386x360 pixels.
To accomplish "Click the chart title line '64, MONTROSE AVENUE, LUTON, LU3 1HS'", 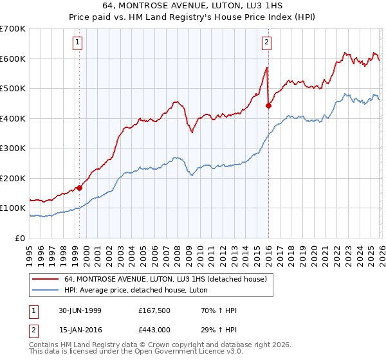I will pyautogui.click(x=193, y=5).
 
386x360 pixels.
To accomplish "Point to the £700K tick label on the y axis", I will pyautogui.click(x=13, y=29).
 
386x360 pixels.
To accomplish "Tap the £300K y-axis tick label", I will pyautogui.click(x=13, y=148).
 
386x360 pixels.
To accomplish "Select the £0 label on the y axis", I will pyautogui.click(x=21, y=238).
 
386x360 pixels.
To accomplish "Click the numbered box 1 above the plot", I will pyautogui.click(x=77, y=43).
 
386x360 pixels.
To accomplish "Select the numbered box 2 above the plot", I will pyautogui.click(x=266, y=43).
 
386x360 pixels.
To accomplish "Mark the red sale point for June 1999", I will pyautogui.click(x=80, y=188).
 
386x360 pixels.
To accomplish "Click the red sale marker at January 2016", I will pyautogui.click(x=268, y=106).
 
